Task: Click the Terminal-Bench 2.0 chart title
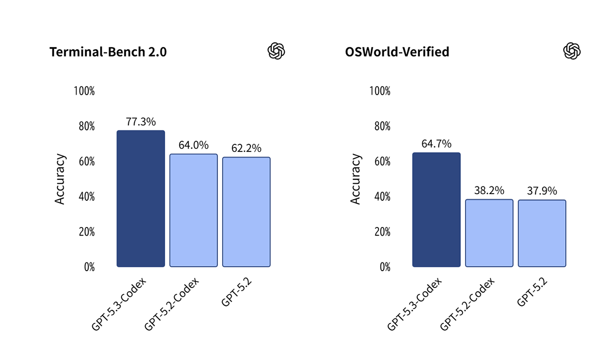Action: (x=108, y=52)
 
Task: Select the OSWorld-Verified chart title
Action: (x=398, y=52)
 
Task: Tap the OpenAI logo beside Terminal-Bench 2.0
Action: (x=276, y=51)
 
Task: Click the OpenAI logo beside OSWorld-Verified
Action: (x=571, y=51)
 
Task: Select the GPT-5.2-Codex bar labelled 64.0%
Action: (x=194, y=211)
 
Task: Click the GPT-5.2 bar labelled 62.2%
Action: (x=246, y=212)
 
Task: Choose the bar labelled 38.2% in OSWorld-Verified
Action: (x=489, y=233)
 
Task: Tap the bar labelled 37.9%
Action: (x=542, y=234)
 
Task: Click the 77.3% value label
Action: (x=141, y=122)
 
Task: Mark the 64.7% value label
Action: (x=436, y=144)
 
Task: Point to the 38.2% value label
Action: (x=489, y=191)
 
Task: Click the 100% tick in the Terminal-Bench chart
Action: (x=84, y=91)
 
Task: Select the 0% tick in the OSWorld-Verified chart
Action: (x=385, y=267)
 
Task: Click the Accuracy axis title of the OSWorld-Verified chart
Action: (x=356, y=179)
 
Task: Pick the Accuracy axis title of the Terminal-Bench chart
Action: (x=60, y=179)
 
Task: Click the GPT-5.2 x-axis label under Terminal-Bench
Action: (x=236, y=292)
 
